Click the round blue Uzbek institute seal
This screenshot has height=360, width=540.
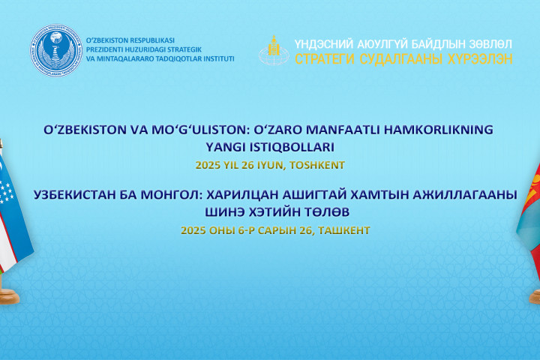click(x=56, y=50)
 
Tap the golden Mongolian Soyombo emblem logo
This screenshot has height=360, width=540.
click(x=274, y=50)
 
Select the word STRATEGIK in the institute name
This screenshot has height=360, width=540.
click(x=181, y=49)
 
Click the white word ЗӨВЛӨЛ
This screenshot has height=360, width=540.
click(x=490, y=44)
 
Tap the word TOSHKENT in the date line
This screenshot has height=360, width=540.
click(x=316, y=165)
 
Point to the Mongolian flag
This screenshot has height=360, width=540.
click(x=529, y=220)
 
